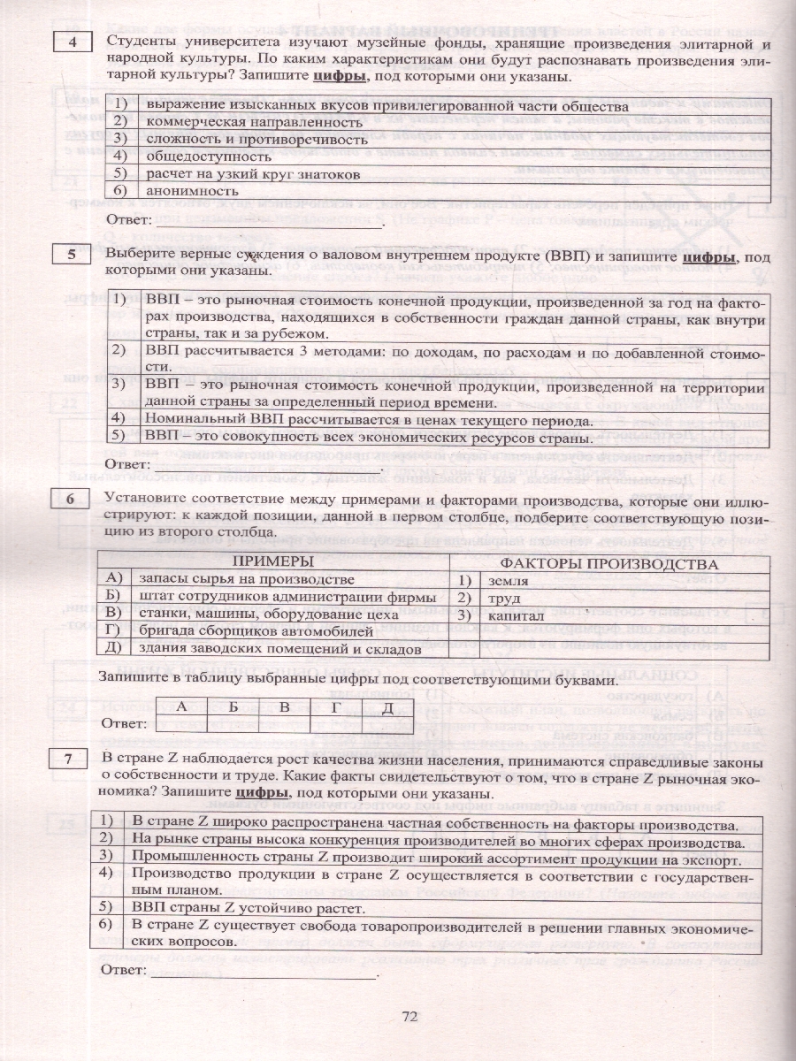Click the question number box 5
point(73,256)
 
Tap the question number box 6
point(73,500)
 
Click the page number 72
point(409,1016)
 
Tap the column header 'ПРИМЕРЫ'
point(274,563)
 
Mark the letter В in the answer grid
point(285,707)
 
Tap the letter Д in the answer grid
point(387,707)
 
